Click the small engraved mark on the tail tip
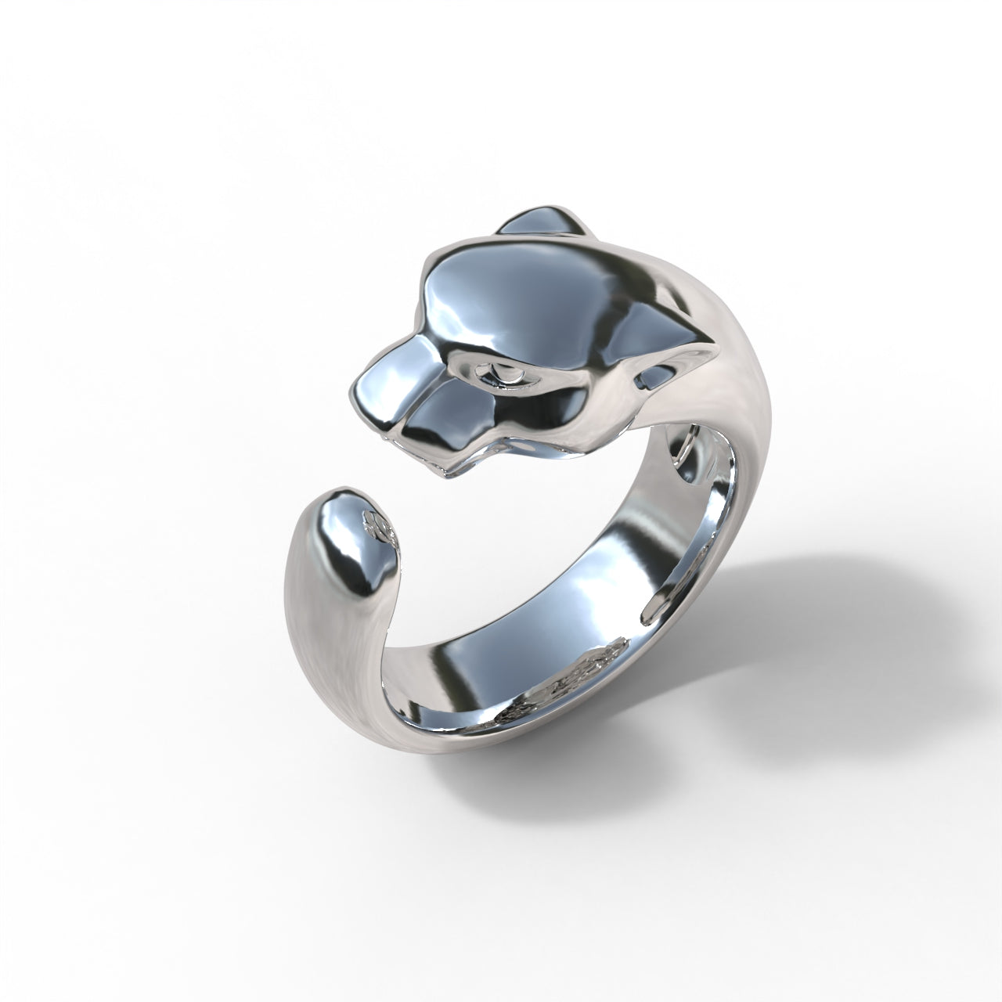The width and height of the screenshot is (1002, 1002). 379,523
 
